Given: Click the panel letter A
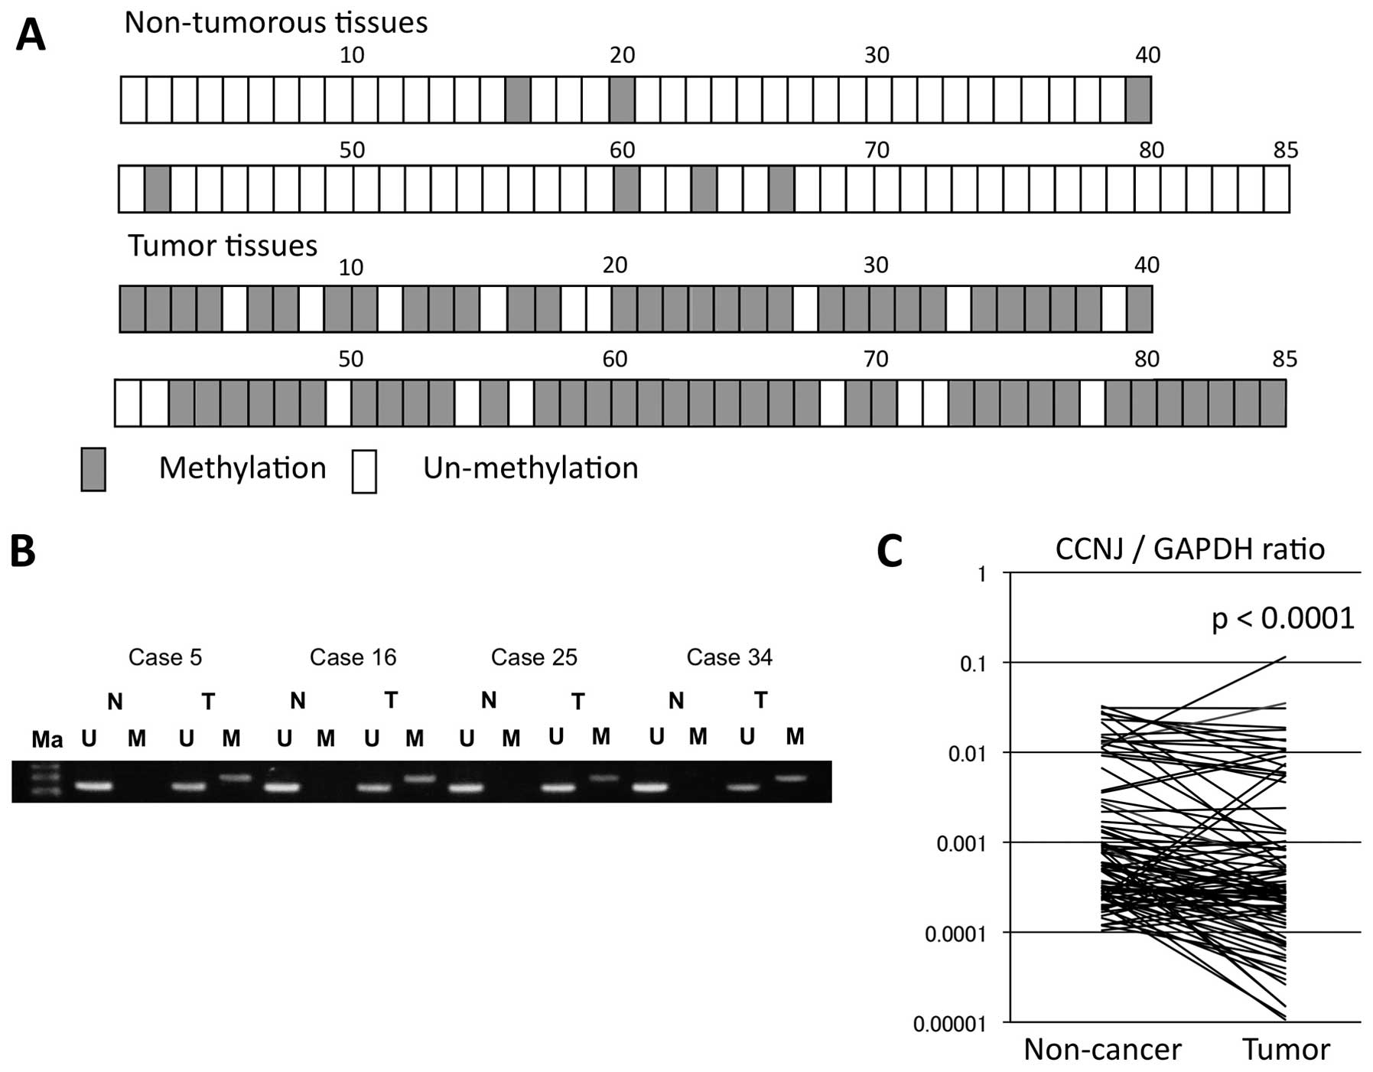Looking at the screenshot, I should point(31,34).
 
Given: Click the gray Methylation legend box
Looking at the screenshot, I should point(93,469).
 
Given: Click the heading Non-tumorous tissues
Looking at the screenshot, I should point(275,22).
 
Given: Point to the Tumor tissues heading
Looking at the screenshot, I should point(222,246).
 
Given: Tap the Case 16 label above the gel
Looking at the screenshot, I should point(353,657).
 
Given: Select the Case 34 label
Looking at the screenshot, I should point(729,657).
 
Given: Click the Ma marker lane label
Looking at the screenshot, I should point(47,739).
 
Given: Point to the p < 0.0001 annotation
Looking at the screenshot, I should point(1283,618).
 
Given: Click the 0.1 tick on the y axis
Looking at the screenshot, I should point(973,663).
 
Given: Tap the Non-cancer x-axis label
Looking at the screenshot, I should point(1102,1049).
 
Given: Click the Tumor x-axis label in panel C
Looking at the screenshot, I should point(1286,1049).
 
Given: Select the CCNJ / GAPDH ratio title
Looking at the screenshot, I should point(1189,549).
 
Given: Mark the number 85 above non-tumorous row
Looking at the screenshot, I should point(1286,149).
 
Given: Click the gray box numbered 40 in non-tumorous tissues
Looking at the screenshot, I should point(1138,100).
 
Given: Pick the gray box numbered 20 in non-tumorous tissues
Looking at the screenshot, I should point(622,100).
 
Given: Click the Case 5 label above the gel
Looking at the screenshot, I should point(165,657).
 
